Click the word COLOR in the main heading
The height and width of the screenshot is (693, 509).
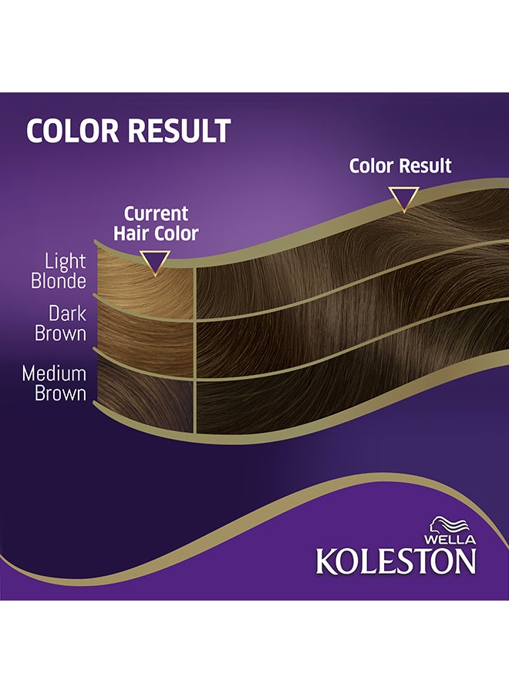click(74, 131)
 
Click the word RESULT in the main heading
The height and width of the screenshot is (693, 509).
click(180, 131)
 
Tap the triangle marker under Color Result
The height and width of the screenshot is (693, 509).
click(403, 198)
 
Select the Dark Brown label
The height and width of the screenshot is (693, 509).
click(60, 324)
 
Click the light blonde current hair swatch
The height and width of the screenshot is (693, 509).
click(147, 289)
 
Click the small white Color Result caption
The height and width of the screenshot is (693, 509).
click(400, 166)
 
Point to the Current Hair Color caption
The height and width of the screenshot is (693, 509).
click(156, 223)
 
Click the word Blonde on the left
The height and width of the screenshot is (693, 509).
click(59, 282)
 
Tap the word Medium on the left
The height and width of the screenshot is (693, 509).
click(54, 373)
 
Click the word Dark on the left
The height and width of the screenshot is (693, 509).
click(67, 314)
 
